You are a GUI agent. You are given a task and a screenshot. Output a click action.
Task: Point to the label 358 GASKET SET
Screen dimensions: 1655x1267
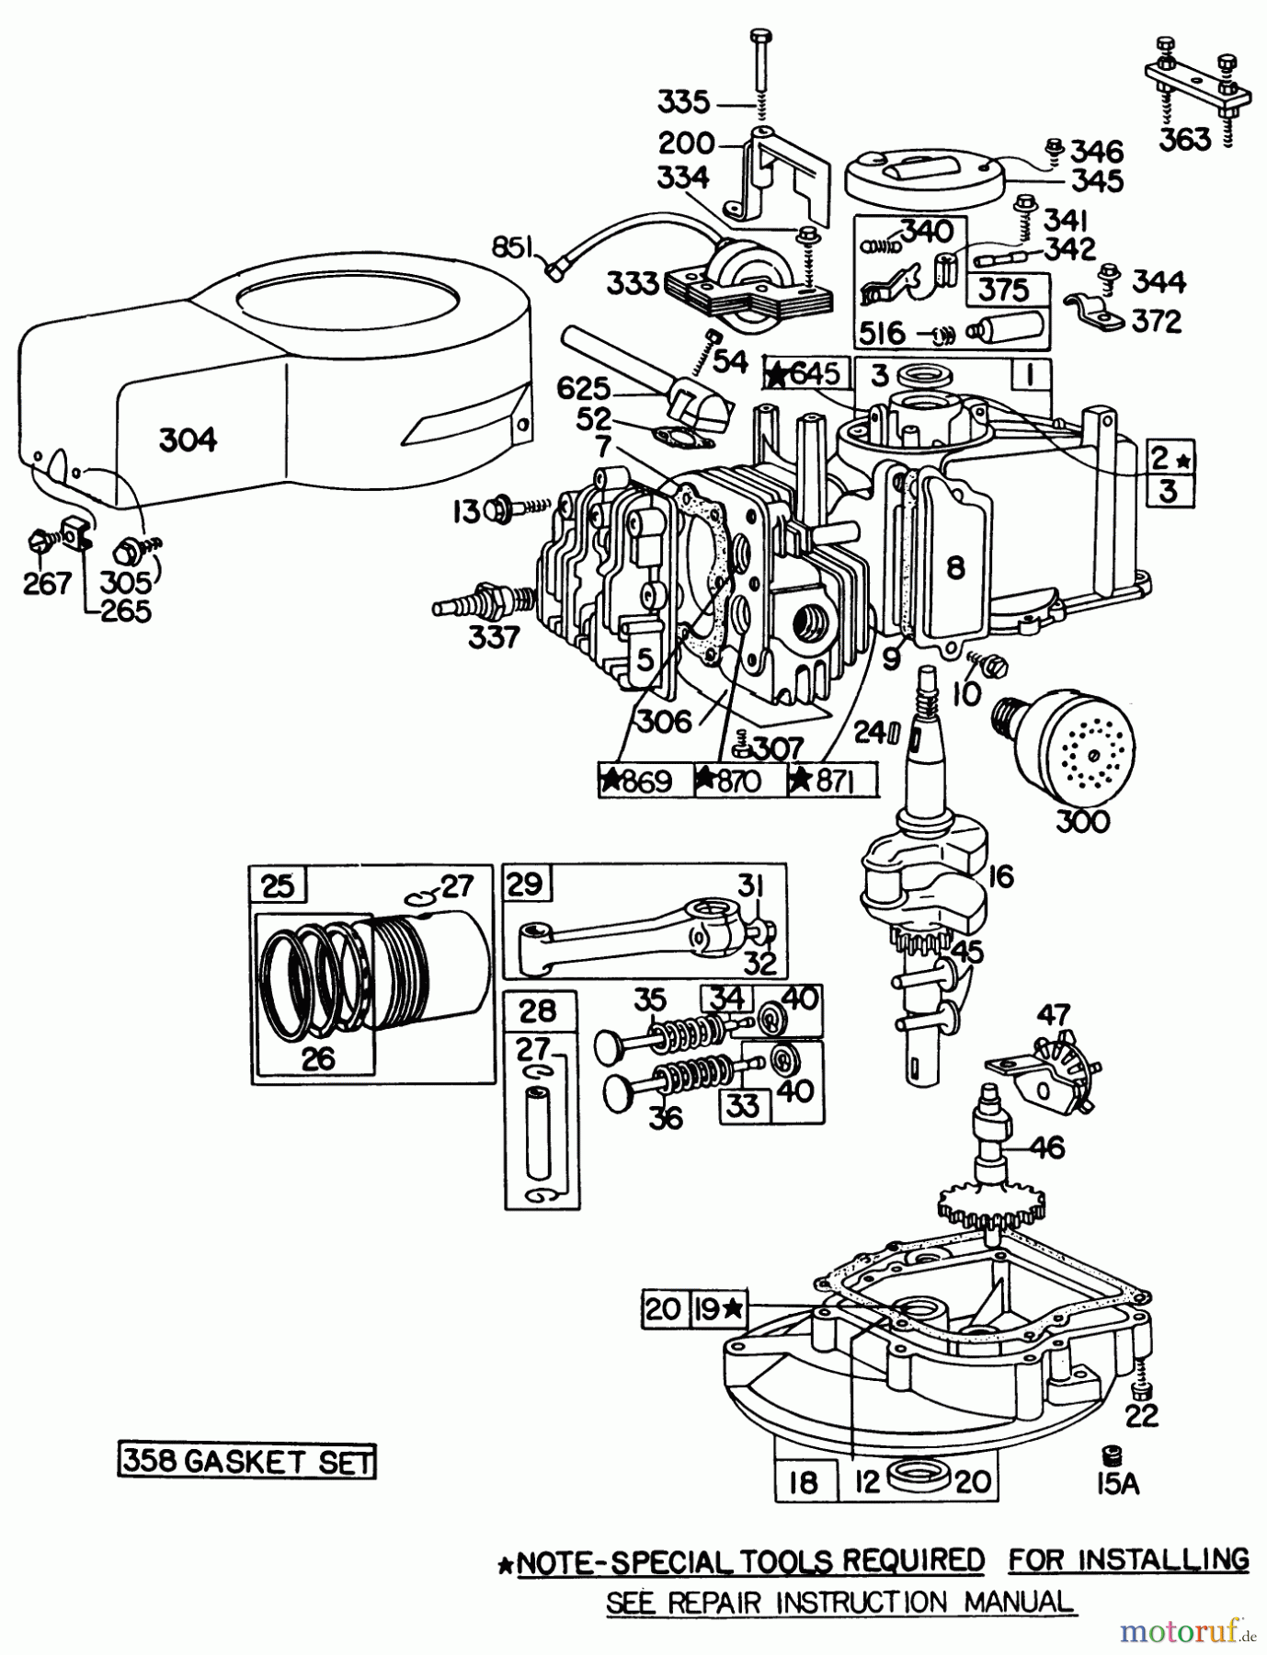click(247, 1461)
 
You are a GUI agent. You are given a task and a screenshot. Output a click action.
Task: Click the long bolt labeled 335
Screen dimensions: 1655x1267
click(762, 74)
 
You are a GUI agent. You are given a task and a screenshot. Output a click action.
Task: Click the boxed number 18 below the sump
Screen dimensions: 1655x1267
click(805, 1483)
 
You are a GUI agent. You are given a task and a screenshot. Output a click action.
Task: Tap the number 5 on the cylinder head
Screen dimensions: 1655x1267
click(645, 658)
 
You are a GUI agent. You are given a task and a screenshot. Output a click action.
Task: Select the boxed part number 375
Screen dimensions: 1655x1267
click(1004, 291)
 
